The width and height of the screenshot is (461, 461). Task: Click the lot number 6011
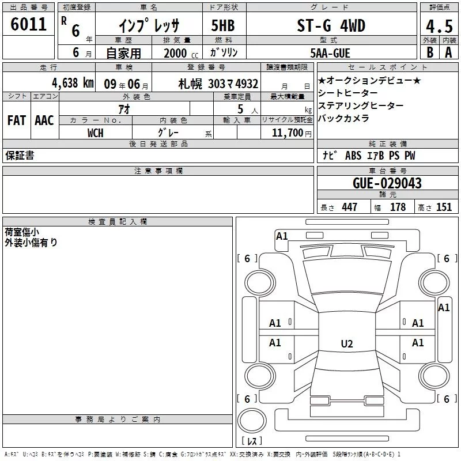point(28,24)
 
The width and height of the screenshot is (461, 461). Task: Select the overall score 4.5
point(439,27)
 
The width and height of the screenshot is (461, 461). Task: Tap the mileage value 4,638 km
point(73,83)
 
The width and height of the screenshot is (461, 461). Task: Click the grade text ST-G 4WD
point(331,25)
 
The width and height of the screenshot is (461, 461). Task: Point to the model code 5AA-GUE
point(330,53)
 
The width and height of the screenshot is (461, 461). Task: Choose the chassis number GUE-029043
point(387,183)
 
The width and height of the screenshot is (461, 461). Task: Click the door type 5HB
point(223,25)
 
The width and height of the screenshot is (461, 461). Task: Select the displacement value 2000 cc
point(181,54)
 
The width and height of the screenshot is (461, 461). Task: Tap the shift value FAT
point(17,120)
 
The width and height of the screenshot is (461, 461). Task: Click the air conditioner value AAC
point(44,120)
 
